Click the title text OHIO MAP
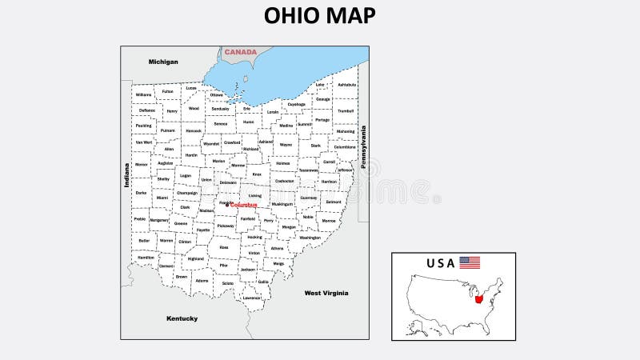coord(319,15)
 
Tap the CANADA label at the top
coord(240,52)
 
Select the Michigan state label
coord(163,62)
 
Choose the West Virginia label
coord(326,293)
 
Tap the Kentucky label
coord(182,318)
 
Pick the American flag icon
coord(470,262)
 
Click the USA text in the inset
coord(440,262)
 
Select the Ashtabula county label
coord(346,84)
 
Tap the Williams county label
coord(143,94)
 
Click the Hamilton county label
coord(146,258)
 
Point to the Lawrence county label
coord(252,298)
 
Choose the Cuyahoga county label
coord(296,104)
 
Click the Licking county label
coord(254,195)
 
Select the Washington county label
coord(310,237)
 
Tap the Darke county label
coord(141,192)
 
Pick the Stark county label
coord(315,146)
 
